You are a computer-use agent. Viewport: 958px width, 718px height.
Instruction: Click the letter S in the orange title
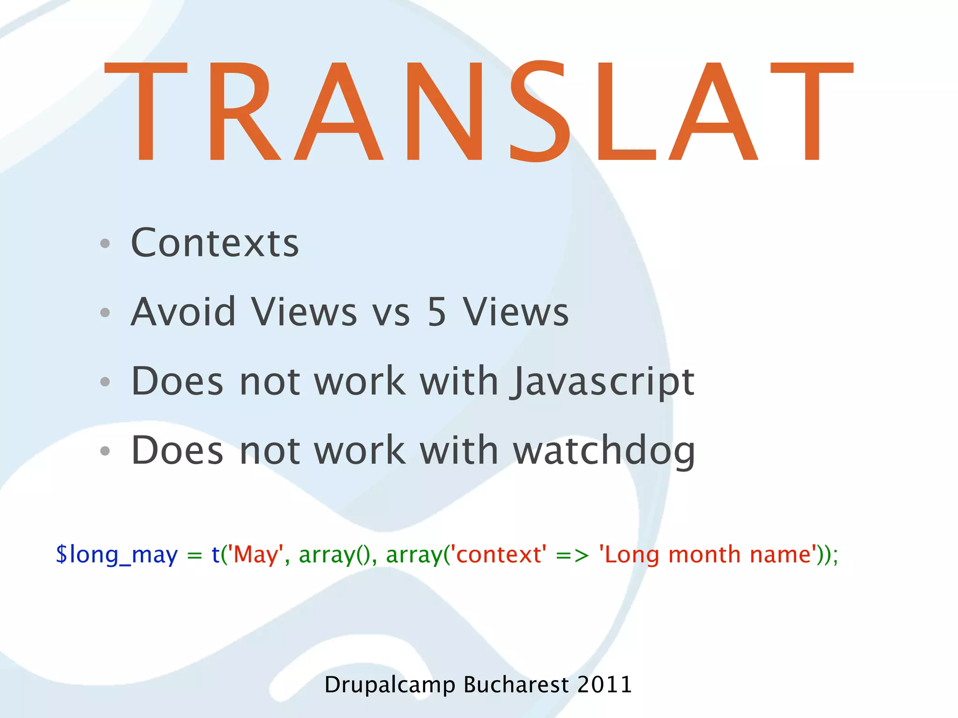tap(540, 111)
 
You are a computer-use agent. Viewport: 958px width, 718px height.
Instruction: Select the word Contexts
tap(215, 243)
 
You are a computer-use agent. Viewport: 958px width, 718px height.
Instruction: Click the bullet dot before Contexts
tap(105, 244)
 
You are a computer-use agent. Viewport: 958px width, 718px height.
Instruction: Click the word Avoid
tap(183, 312)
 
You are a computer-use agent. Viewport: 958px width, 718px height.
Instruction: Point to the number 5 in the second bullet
tap(436, 312)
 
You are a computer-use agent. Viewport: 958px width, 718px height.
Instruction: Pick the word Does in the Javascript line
tap(177, 381)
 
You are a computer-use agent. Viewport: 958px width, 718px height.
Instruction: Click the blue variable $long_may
tap(116, 555)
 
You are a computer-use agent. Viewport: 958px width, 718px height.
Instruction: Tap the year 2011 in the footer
tap(604, 685)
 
